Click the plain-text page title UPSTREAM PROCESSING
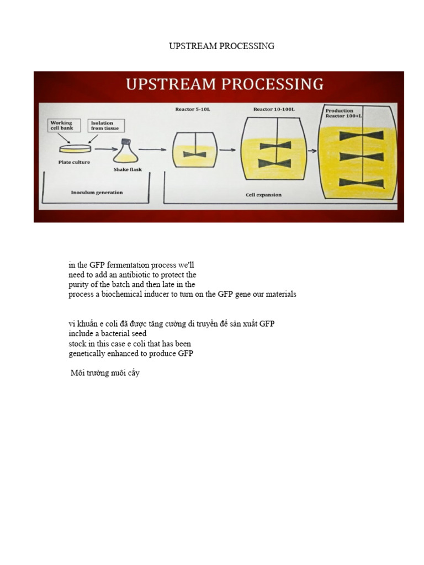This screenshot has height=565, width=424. [221, 46]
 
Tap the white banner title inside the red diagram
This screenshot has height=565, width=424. [224, 84]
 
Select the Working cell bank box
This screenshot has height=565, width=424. [64, 126]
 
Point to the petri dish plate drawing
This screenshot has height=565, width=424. [75, 148]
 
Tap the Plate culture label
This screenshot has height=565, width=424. [74, 162]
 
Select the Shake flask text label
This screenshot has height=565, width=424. [128, 169]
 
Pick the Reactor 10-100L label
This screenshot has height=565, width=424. [274, 109]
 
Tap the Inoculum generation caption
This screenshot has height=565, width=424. [97, 193]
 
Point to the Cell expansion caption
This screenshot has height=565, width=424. [263, 195]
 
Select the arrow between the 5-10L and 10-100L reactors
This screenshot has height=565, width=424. [227, 150]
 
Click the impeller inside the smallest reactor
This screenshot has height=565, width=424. [195, 154]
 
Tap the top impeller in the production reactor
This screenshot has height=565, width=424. [361, 135]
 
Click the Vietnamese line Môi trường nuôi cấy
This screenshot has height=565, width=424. [105, 374]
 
